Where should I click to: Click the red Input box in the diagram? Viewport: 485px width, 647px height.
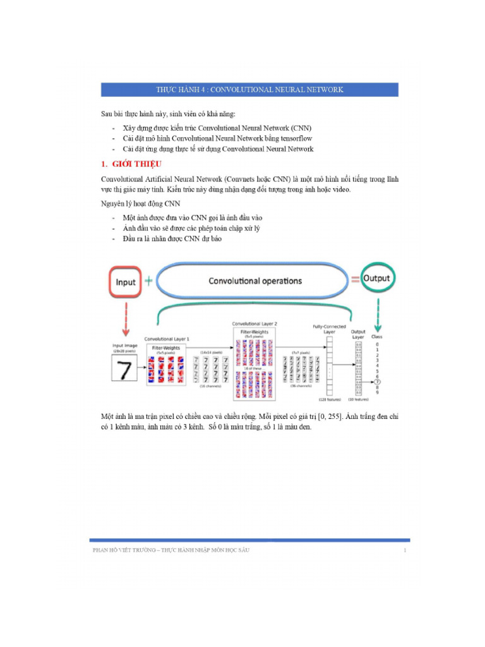(x=125, y=282)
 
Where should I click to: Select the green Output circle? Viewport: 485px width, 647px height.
(x=376, y=279)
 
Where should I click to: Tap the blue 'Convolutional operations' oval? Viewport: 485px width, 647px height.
(x=255, y=281)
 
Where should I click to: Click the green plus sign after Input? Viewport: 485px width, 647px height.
(x=148, y=281)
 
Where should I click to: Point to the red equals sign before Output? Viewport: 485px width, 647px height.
(x=355, y=279)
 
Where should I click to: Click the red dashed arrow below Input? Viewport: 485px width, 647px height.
(x=126, y=319)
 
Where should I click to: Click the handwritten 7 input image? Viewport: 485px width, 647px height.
(x=125, y=370)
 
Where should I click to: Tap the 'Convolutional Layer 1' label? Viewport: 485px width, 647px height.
(x=167, y=339)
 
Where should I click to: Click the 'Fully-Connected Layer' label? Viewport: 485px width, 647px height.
(x=328, y=329)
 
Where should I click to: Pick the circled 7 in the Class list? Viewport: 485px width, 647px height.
(x=377, y=382)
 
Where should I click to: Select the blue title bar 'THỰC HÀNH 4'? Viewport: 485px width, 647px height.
(x=250, y=90)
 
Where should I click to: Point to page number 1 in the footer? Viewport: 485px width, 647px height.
(x=404, y=551)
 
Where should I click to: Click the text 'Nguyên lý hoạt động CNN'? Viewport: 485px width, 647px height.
(x=141, y=203)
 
